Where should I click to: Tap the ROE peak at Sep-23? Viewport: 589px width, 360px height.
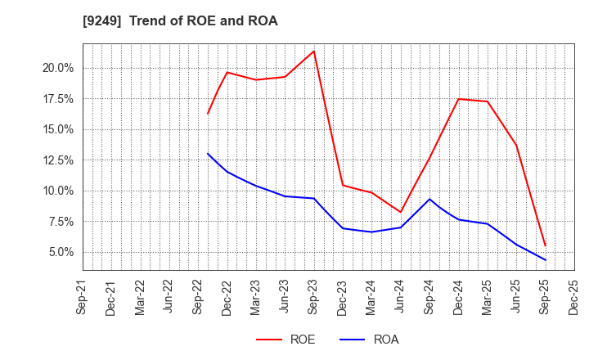click(x=313, y=51)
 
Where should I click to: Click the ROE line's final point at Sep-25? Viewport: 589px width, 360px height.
click(x=545, y=245)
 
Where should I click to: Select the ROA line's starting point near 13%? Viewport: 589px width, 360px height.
click(x=208, y=153)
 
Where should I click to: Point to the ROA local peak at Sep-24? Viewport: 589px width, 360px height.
click(x=429, y=199)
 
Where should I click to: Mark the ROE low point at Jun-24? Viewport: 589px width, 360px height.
click(x=400, y=212)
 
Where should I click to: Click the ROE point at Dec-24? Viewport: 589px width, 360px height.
click(x=458, y=99)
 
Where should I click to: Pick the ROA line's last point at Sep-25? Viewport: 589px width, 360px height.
click(x=545, y=260)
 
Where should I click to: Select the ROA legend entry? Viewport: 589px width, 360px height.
click(x=368, y=340)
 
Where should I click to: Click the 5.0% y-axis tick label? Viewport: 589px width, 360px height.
click(x=58, y=252)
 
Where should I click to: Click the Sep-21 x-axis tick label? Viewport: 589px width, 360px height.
click(x=82, y=297)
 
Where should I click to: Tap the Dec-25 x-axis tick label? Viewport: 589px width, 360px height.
click(x=573, y=297)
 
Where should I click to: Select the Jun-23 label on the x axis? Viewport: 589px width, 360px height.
click(x=285, y=297)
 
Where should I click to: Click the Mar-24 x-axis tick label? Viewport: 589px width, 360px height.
click(x=371, y=297)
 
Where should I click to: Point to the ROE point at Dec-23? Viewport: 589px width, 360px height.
click(x=343, y=185)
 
